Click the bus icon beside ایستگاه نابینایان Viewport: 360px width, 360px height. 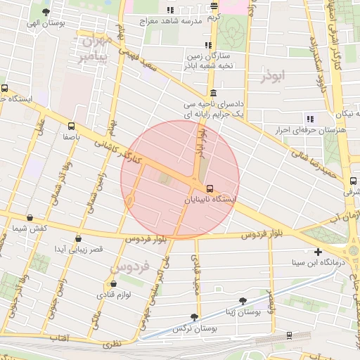[210, 188]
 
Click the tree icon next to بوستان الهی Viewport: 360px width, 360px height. [46, 12]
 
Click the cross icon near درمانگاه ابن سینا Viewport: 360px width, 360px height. [319, 251]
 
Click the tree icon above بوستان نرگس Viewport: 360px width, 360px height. [194, 317]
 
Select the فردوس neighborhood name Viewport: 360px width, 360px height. [130, 267]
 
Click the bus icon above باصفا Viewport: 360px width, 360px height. [70, 126]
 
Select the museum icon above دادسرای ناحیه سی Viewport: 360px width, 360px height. [213, 93]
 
